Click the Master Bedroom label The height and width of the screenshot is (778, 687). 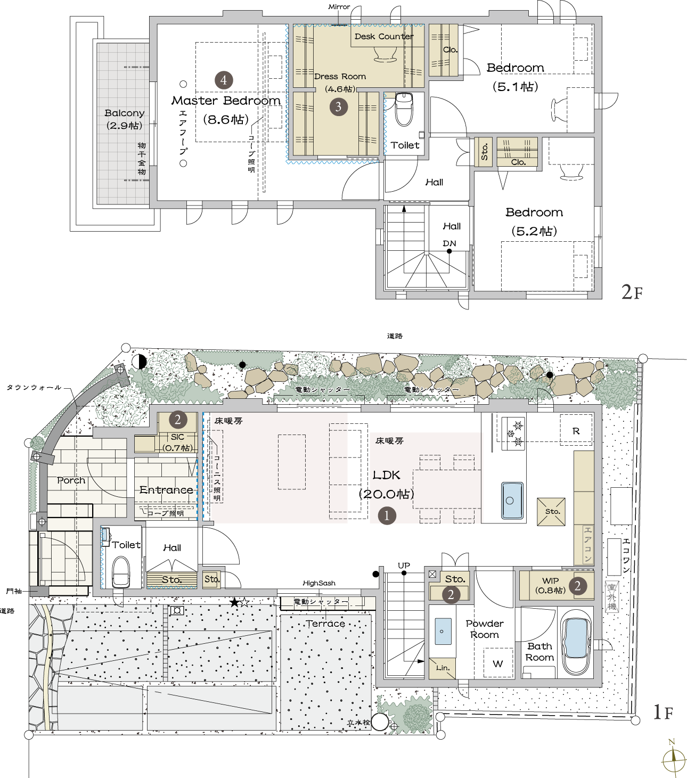point(226,101)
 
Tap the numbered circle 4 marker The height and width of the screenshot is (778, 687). point(224,80)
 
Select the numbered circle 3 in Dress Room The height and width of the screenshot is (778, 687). point(338,107)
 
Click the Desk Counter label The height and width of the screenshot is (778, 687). point(383,37)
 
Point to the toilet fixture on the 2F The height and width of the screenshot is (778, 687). point(404,110)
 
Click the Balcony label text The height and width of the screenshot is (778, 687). point(125,113)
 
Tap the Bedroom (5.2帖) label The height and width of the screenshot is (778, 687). point(534,221)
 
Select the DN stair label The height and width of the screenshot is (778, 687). point(449,243)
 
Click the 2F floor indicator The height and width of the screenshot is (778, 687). point(632,292)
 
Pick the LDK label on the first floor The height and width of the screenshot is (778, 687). point(386,475)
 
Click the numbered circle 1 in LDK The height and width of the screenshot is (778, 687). point(387,515)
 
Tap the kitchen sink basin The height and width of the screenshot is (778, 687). point(512,501)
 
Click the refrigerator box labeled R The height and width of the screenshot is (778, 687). point(576,430)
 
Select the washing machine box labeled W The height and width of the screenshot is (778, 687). point(498,662)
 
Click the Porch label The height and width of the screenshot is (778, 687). point(71,480)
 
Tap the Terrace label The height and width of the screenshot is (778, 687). point(325,624)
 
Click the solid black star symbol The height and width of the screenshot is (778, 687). point(234,602)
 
